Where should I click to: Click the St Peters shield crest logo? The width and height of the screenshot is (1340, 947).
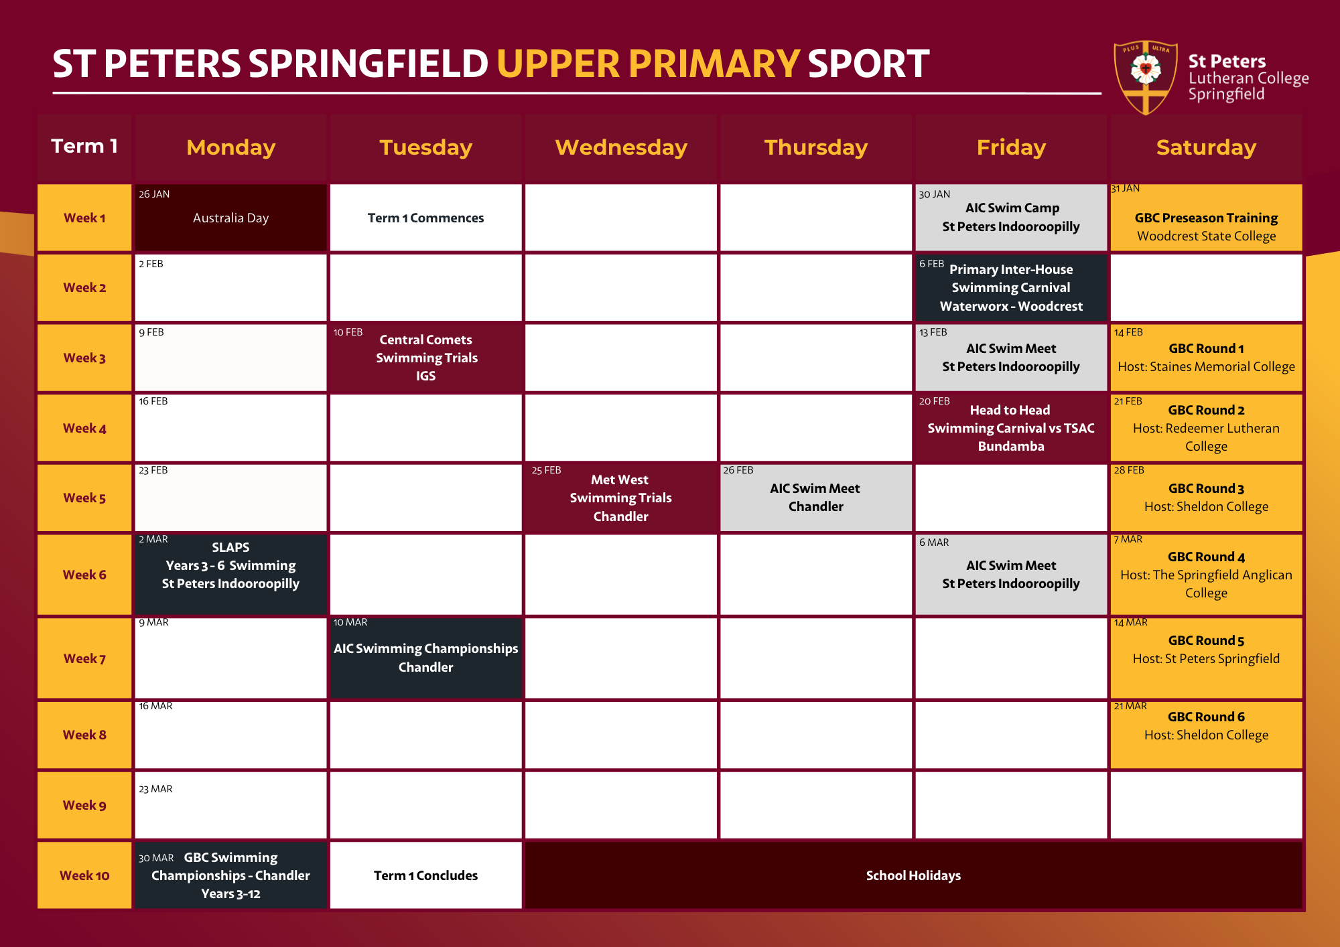pos(1145,78)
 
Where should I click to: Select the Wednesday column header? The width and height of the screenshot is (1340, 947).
pos(621,147)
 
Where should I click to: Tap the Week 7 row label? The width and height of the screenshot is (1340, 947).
pos(84,658)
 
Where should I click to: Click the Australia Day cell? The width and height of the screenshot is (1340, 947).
pos(230,218)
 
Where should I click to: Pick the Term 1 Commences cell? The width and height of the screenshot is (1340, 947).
pos(425,218)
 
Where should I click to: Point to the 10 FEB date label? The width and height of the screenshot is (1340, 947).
pos(348,332)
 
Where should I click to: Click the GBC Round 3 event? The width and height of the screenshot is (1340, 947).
pos(1206,498)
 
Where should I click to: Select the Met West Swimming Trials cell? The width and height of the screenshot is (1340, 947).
pos(621,498)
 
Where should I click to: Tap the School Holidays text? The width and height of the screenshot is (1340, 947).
pos(913,875)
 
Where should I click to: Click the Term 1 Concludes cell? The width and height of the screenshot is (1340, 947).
pos(425,875)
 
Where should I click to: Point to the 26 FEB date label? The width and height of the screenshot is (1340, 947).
pos(738,470)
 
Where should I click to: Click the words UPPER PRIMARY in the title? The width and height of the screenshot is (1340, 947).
pos(648,64)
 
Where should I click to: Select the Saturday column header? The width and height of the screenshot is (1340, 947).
pos(1206,147)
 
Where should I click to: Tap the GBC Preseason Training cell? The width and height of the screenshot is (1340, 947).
pos(1206,218)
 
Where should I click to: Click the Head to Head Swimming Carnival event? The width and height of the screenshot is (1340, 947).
pos(1011,427)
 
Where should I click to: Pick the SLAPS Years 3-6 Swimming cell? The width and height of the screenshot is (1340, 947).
pos(230,574)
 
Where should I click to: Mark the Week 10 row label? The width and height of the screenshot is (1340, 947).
pos(84,875)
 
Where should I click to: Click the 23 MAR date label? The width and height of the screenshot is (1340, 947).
pos(155,789)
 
